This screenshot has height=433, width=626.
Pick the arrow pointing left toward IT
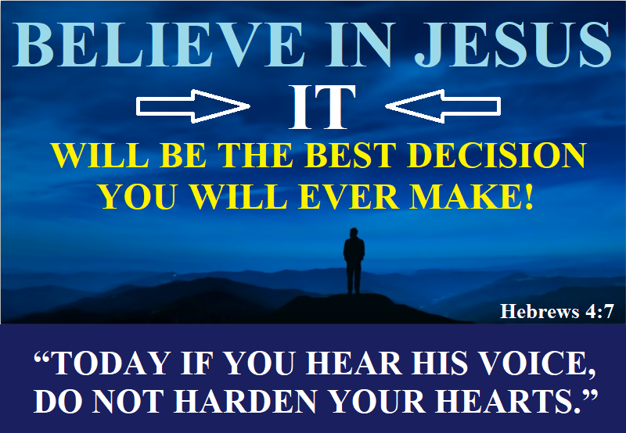pyautogui.click(x=444, y=106)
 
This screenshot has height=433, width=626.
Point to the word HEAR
pyautogui.click(x=344, y=363)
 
